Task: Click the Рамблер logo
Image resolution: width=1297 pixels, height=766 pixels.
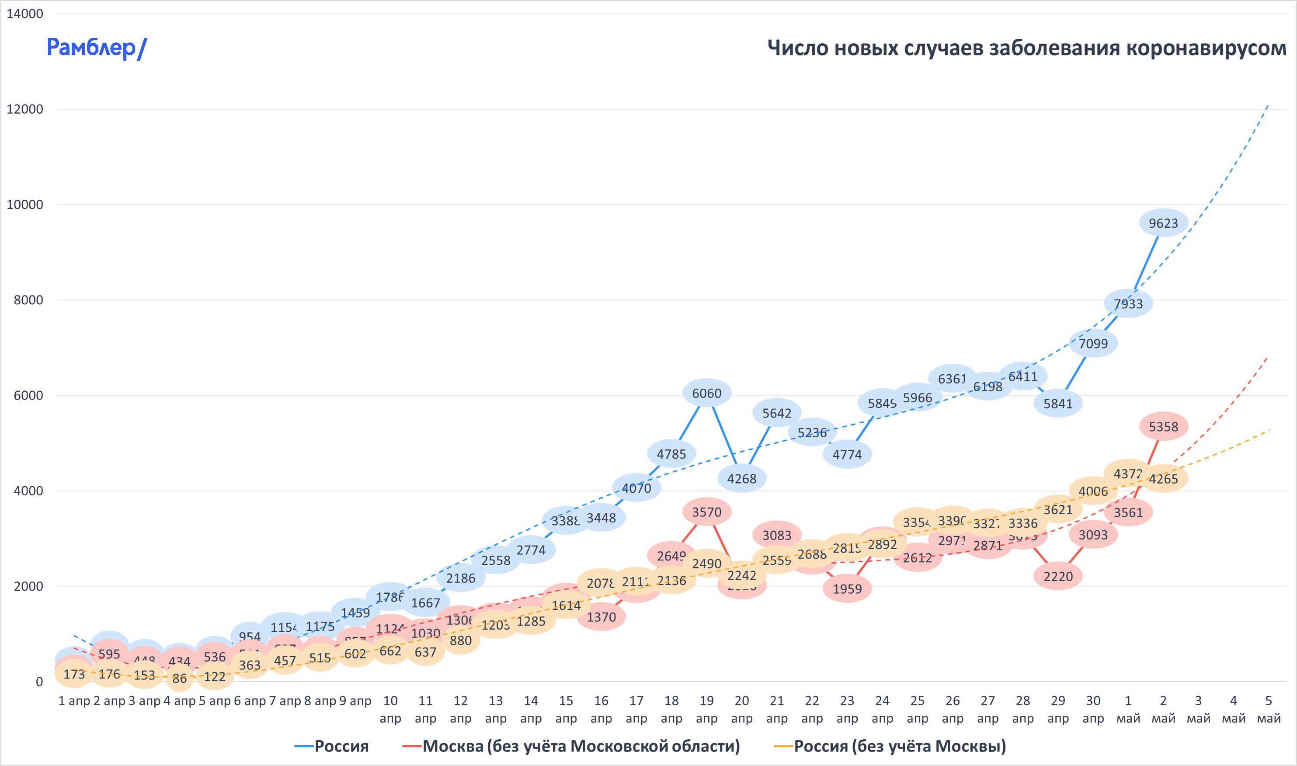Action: click(x=97, y=48)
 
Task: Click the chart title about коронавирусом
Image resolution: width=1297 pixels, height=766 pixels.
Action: click(x=1026, y=48)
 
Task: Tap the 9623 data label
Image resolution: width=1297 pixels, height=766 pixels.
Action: click(x=1163, y=223)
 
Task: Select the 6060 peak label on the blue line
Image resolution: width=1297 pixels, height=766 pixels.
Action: click(x=706, y=393)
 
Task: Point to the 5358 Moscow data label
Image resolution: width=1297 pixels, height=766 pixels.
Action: click(x=1163, y=427)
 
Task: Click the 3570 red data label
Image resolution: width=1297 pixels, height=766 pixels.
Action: click(x=706, y=512)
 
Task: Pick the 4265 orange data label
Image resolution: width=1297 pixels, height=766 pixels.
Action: click(x=1163, y=479)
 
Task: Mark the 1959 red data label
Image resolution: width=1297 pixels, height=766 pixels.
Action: click(x=847, y=589)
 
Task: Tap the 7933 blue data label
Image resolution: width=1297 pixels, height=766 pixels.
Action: click(x=1128, y=303)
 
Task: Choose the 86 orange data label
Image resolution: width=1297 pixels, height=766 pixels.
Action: click(x=180, y=678)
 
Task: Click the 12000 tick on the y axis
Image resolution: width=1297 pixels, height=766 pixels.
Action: click(x=25, y=109)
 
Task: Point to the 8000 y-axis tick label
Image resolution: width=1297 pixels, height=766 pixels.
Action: click(x=28, y=300)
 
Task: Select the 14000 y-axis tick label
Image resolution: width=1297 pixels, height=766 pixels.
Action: click(x=25, y=14)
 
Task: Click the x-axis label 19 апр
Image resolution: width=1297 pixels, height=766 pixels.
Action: click(x=706, y=709)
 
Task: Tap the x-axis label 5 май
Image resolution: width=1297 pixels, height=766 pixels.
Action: click(x=1269, y=709)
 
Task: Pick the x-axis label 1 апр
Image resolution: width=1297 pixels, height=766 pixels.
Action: click(x=74, y=701)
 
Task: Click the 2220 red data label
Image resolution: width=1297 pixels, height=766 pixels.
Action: click(x=1058, y=577)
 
